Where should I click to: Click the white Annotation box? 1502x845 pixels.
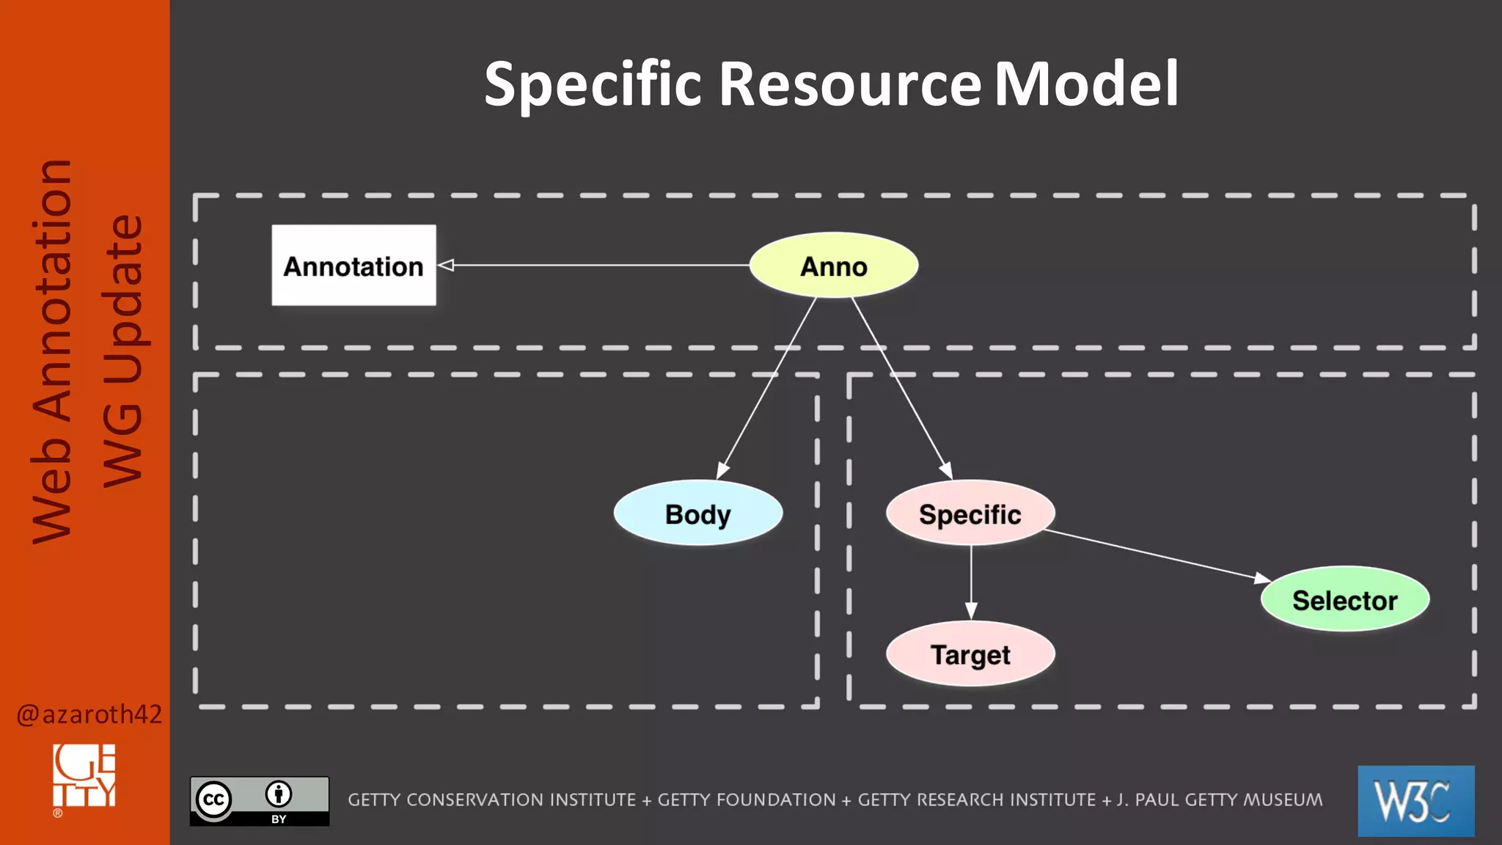353,266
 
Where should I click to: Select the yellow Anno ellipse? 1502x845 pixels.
833,266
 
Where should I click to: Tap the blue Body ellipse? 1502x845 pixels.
697,513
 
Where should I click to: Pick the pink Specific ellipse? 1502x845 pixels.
970,513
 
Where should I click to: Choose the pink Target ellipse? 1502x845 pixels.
970,654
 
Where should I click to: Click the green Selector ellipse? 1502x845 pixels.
1344,600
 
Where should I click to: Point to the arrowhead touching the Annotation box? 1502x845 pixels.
446,265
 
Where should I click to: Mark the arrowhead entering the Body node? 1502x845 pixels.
722,471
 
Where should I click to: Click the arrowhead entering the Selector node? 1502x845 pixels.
1262,579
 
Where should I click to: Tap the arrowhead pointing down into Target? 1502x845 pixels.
971,610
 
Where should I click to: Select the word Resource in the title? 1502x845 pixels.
849,84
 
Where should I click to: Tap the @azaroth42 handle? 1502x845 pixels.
89,714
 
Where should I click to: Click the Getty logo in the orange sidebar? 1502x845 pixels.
84,776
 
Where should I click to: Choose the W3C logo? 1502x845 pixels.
1415,800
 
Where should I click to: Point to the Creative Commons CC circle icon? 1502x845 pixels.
213,800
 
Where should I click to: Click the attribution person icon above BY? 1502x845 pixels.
279,794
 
